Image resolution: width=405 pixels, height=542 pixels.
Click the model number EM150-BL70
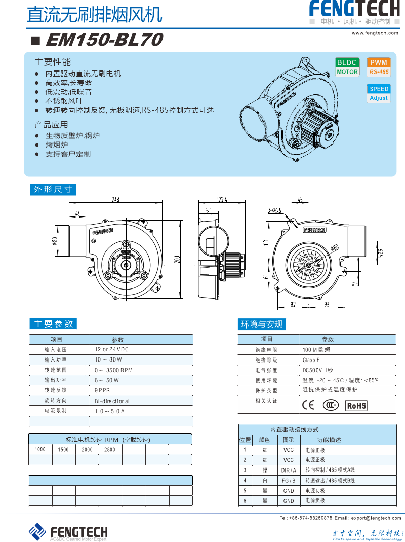pyautogui.click(x=104, y=40)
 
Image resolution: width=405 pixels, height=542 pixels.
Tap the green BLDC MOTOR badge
pyautogui.click(x=347, y=67)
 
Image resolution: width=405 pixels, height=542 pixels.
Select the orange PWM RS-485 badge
pyautogui.click(x=379, y=67)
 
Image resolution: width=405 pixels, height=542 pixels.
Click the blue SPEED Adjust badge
pyautogui.click(x=379, y=93)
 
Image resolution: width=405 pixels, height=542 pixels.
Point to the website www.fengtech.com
pyautogui.click(x=375, y=33)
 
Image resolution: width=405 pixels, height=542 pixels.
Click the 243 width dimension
pyautogui.click(x=115, y=199)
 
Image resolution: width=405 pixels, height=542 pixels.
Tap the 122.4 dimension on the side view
pyautogui.click(x=222, y=199)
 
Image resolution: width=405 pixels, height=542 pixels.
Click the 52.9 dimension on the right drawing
pyautogui.click(x=387, y=252)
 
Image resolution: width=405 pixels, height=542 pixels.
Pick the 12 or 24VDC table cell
pyautogui.click(x=111, y=350)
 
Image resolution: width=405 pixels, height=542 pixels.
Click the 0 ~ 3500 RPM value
pyautogui.click(x=113, y=370)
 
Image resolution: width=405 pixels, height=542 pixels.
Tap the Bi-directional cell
pyautogui.click(x=112, y=401)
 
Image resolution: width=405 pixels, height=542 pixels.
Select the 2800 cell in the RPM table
pyautogui.click(x=110, y=449)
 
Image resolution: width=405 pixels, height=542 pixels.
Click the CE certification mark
pyautogui.click(x=308, y=405)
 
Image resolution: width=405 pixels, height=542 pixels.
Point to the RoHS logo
pyautogui.click(x=356, y=405)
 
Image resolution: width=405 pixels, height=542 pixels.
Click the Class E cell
pyautogui.click(x=311, y=360)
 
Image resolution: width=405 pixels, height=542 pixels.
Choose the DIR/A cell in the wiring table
pyautogui.click(x=289, y=470)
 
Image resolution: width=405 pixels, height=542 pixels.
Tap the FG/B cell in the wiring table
pyautogui.click(x=289, y=480)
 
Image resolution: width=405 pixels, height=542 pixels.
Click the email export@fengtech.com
pyautogui.click(x=376, y=518)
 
